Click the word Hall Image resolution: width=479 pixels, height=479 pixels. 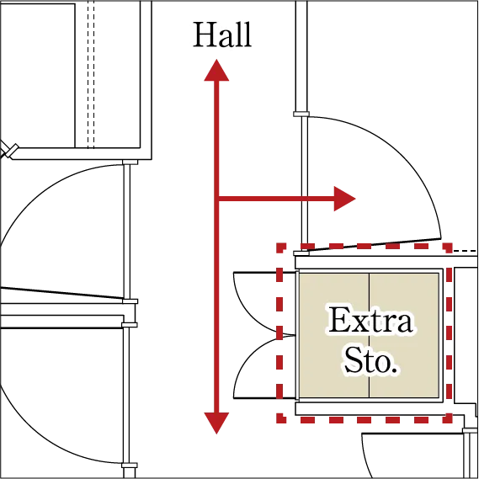coord(222,35)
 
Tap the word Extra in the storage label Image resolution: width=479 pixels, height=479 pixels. coord(370,320)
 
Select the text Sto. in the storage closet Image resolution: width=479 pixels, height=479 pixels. coord(371,361)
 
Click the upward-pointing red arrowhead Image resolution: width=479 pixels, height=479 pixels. coord(216,70)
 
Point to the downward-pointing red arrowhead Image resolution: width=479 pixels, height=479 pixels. coord(216,423)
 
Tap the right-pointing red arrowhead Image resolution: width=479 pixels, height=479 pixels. coord(344,199)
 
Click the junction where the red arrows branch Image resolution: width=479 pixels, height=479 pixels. coord(217,199)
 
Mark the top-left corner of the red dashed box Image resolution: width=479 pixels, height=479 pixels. coord(279,246)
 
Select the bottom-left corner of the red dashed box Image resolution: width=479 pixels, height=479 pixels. coord(279,420)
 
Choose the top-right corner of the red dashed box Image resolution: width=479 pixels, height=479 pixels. coord(450,246)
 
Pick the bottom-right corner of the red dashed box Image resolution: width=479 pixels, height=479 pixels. coord(450,420)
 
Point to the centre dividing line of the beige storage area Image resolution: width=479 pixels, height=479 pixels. coord(370,335)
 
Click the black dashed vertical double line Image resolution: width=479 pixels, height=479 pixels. coord(91,74)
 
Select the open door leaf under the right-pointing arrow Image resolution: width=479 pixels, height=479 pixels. coord(374,244)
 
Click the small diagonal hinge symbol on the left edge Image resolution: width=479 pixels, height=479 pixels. coord(9,151)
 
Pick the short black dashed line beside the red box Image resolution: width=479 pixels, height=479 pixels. coord(465,251)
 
